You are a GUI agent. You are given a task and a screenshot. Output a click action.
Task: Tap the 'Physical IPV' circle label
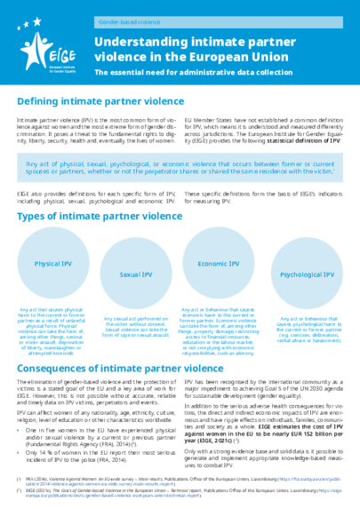pyautogui.click(x=53, y=265)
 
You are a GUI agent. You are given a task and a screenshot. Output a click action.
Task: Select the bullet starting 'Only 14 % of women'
pyautogui.click(x=98, y=428)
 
